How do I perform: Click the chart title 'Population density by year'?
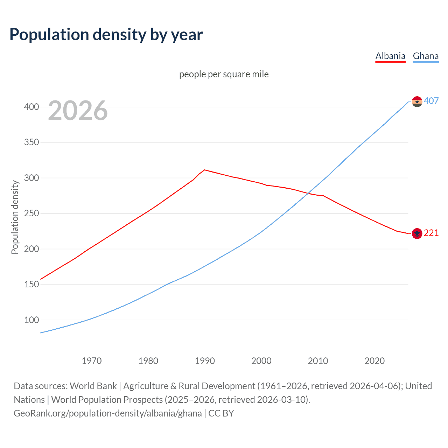point(106,35)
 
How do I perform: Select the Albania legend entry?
point(390,56)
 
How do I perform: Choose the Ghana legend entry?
point(426,56)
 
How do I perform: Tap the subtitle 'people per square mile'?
point(224,74)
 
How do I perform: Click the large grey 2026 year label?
point(78,111)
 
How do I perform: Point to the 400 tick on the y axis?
point(31,107)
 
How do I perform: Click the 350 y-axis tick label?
point(31,142)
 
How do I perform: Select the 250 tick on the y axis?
point(31,213)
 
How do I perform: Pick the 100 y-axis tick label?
point(31,320)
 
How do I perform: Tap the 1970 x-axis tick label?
point(92,361)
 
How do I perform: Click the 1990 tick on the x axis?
point(205,361)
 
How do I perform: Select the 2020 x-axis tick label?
point(374,361)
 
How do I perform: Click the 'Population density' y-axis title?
point(15,217)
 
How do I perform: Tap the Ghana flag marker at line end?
point(417,101)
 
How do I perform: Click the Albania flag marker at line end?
point(417,233)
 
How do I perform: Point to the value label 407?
point(431,101)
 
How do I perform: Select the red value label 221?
point(431,233)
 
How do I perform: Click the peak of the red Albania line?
point(204,170)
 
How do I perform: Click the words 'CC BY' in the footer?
point(221,413)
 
